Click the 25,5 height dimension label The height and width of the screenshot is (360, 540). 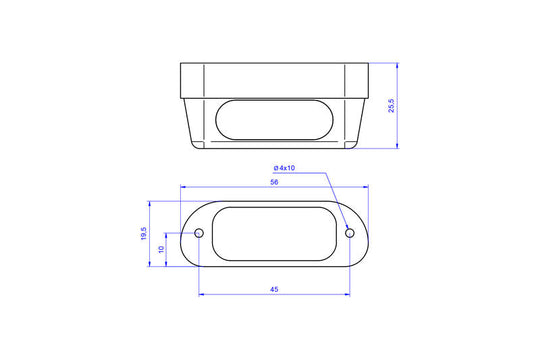pyautogui.click(x=392, y=105)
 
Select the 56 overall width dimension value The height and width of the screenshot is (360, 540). pyautogui.click(x=274, y=182)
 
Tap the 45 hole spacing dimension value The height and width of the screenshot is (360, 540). pyautogui.click(x=274, y=289)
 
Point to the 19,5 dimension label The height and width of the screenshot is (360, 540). pyautogui.click(x=144, y=234)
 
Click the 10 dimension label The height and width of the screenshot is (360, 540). pyautogui.click(x=161, y=249)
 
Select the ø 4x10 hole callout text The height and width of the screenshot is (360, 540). pyautogui.click(x=284, y=168)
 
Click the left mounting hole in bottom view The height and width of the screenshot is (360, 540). pyautogui.click(x=199, y=233)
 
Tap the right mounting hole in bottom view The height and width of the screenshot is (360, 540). pyautogui.click(x=350, y=233)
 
